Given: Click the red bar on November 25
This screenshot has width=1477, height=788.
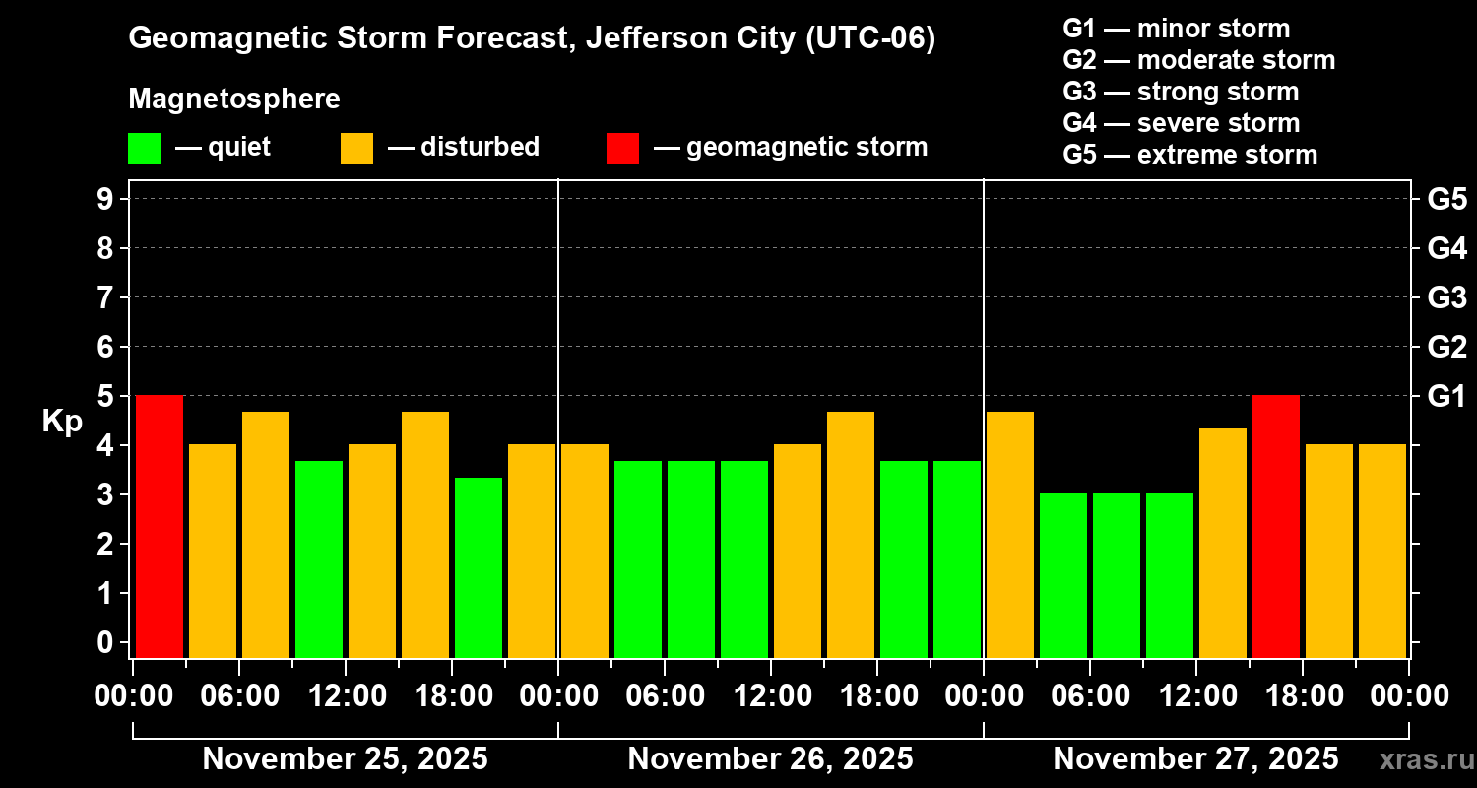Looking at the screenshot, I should click(x=160, y=526).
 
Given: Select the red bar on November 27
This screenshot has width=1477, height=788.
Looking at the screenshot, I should click(x=1276, y=526).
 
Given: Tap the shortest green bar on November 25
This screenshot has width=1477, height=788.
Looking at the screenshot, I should click(x=479, y=567).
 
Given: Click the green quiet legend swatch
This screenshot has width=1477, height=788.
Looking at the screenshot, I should click(x=144, y=149).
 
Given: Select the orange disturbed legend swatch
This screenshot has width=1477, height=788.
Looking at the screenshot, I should click(x=356, y=149).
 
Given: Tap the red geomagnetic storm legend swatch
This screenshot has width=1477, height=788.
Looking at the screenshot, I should click(x=622, y=149).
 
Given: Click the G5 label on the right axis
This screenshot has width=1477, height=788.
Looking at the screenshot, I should click(x=1446, y=199).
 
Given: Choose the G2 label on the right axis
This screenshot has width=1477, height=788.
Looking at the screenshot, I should click(x=1446, y=347).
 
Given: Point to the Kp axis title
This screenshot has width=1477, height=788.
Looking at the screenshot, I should click(x=62, y=422).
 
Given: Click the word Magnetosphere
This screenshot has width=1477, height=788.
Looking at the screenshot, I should click(x=234, y=99).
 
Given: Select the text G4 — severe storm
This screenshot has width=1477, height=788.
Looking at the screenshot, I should click(x=1181, y=123).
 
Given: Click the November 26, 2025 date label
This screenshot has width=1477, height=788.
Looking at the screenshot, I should click(x=770, y=759).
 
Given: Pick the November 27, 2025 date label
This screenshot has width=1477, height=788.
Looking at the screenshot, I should click(x=1195, y=759).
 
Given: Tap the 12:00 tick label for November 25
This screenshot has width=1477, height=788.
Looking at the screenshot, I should click(x=347, y=696).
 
